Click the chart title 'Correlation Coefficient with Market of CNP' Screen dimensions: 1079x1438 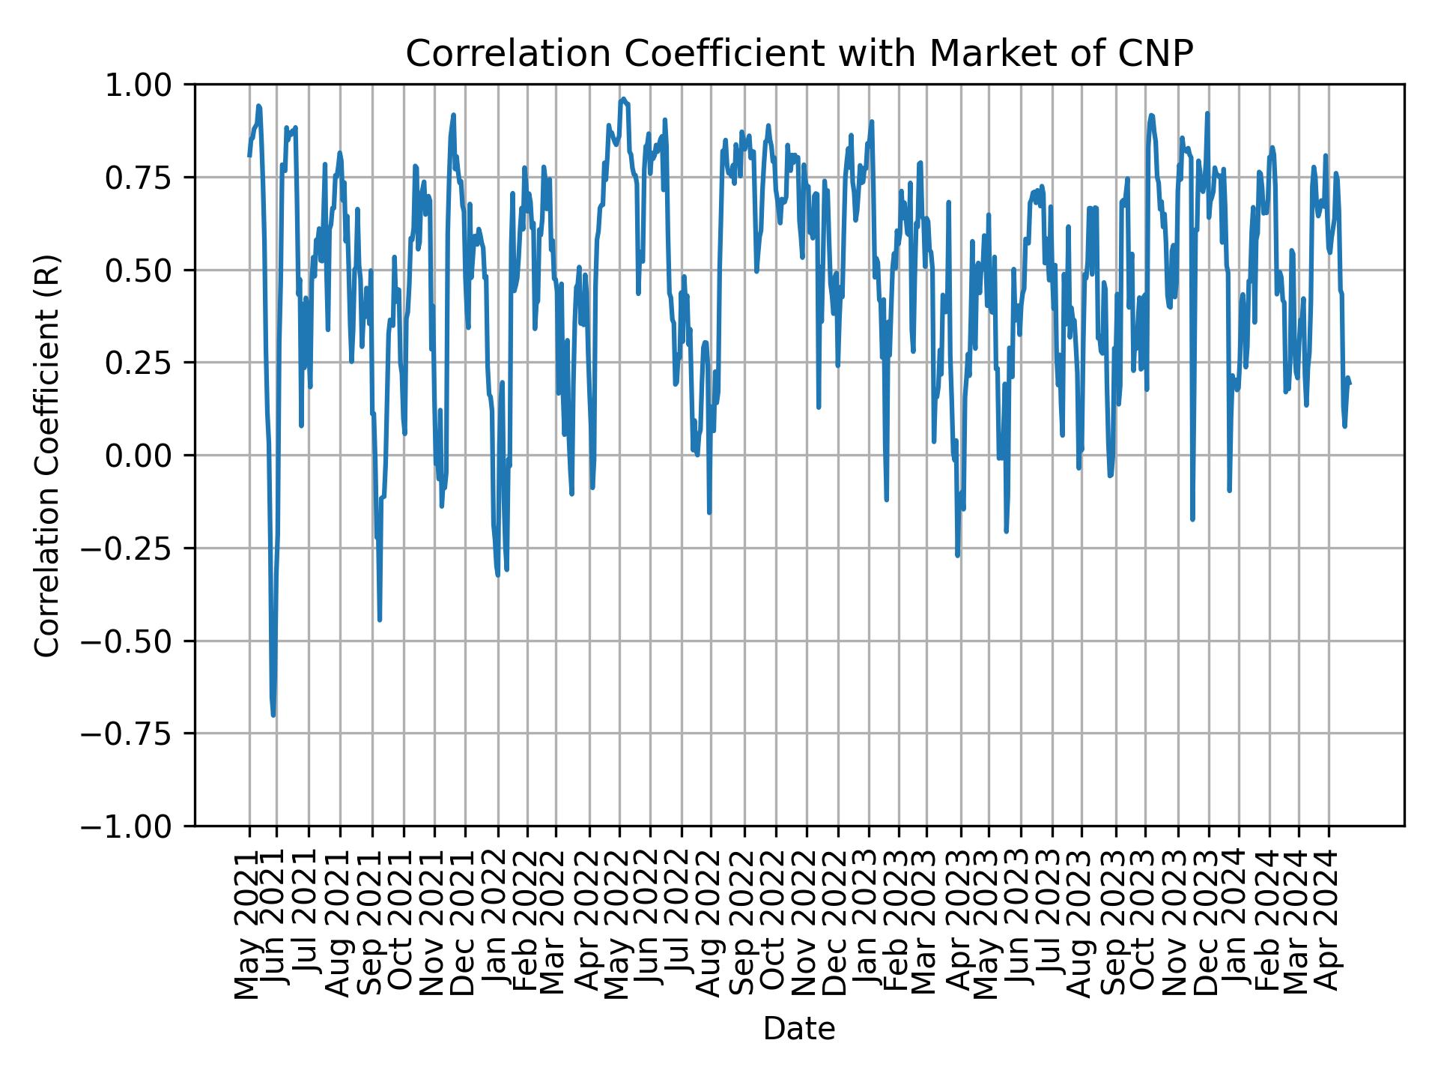pos(798,54)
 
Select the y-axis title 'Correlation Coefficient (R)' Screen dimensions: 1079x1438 pos(47,456)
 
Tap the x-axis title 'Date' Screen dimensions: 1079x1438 pos(798,1030)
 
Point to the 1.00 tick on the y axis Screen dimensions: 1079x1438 pos(148,85)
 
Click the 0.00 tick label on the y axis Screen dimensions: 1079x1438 pos(148,456)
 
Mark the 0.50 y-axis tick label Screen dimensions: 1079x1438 pos(148,270)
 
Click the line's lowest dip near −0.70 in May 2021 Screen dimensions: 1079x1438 pos(273,715)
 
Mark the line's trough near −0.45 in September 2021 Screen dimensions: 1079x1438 pos(380,620)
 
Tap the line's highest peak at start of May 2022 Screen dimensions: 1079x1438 pos(623,98)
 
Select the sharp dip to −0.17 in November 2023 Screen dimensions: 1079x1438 pos(1192,519)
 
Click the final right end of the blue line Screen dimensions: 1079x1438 pos(1350,384)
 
